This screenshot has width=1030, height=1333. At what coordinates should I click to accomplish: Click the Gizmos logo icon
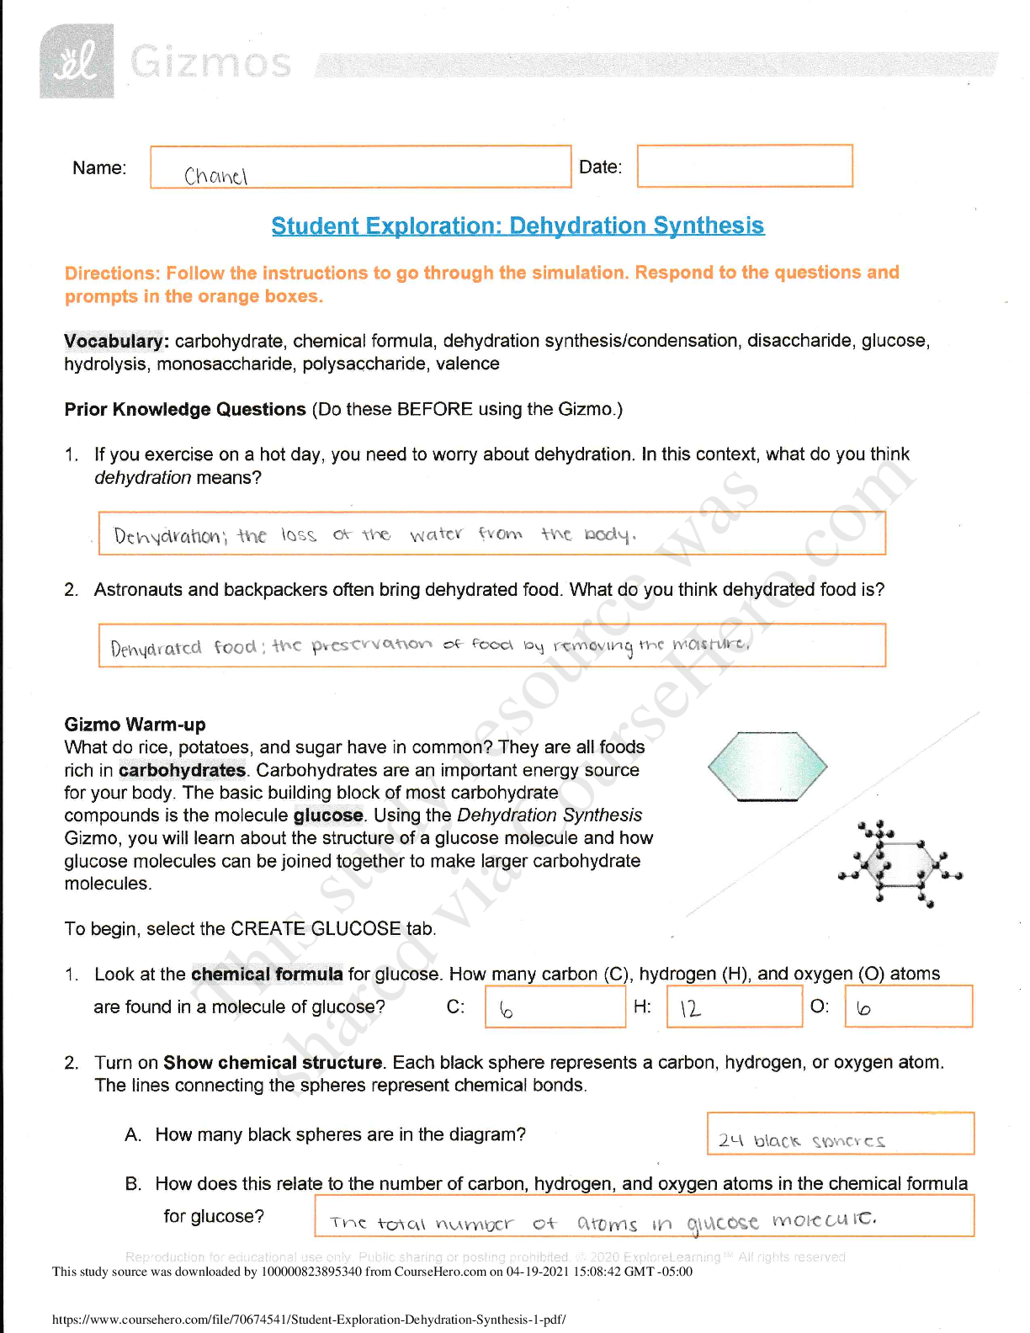tap(77, 61)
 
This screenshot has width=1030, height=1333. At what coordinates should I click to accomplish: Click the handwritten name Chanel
tap(215, 176)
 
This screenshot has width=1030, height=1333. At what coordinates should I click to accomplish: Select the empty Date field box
tap(745, 166)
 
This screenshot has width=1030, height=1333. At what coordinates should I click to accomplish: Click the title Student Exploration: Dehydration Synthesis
tap(518, 226)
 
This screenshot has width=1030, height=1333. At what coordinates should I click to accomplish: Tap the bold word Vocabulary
tap(116, 341)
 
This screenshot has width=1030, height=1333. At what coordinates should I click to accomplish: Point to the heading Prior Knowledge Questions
tap(185, 410)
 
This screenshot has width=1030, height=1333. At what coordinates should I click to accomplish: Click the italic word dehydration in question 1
tap(142, 478)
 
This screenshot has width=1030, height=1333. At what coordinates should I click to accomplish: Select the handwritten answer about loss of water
tap(374, 535)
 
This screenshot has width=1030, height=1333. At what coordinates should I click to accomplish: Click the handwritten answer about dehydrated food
tap(429, 646)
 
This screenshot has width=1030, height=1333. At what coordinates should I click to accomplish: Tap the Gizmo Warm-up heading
tap(135, 725)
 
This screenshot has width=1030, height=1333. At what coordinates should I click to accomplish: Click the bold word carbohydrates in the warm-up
tap(182, 770)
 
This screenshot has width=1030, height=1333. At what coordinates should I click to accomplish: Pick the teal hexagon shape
tap(767, 767)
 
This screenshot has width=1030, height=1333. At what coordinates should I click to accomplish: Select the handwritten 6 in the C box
tap(506, 1010)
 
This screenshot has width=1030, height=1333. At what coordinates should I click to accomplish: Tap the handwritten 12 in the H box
tap(690, 1009)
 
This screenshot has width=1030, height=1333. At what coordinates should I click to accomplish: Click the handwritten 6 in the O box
tap(863, 1009)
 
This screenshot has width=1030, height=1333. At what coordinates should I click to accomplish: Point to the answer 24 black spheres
tap(800, 1141)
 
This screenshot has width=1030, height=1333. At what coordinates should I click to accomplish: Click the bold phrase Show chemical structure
tap(273, 1063)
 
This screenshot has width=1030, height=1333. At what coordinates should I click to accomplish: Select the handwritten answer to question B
tap(603, 1222)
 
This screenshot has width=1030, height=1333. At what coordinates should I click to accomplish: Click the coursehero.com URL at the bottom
tap(309, 1320)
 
